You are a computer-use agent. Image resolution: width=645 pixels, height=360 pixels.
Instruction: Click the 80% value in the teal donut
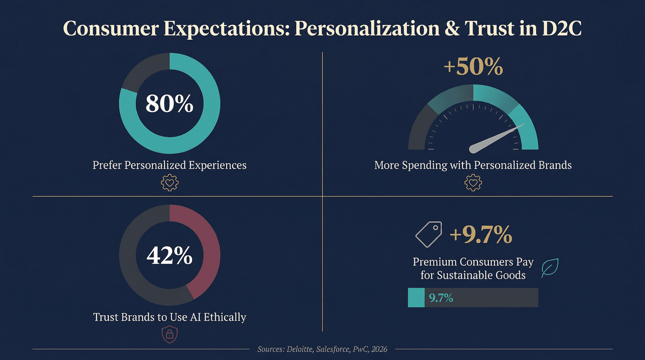169,103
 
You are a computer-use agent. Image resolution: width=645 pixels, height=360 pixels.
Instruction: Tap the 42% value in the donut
169,256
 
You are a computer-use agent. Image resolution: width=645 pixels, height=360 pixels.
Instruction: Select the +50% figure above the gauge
473,67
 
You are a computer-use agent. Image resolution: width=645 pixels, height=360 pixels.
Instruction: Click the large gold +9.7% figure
480,235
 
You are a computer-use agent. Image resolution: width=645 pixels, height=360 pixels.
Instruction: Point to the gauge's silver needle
495,139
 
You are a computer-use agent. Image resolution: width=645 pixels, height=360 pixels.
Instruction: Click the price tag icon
429,234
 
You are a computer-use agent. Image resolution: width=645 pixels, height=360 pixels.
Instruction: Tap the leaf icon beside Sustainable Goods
550,268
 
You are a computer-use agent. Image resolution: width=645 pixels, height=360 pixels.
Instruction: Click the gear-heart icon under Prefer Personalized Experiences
170,183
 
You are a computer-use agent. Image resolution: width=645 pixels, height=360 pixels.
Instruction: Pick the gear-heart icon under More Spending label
473,183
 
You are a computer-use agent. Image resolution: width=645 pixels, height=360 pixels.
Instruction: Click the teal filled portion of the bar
416,298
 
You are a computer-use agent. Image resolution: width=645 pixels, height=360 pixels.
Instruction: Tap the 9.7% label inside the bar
441,298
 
